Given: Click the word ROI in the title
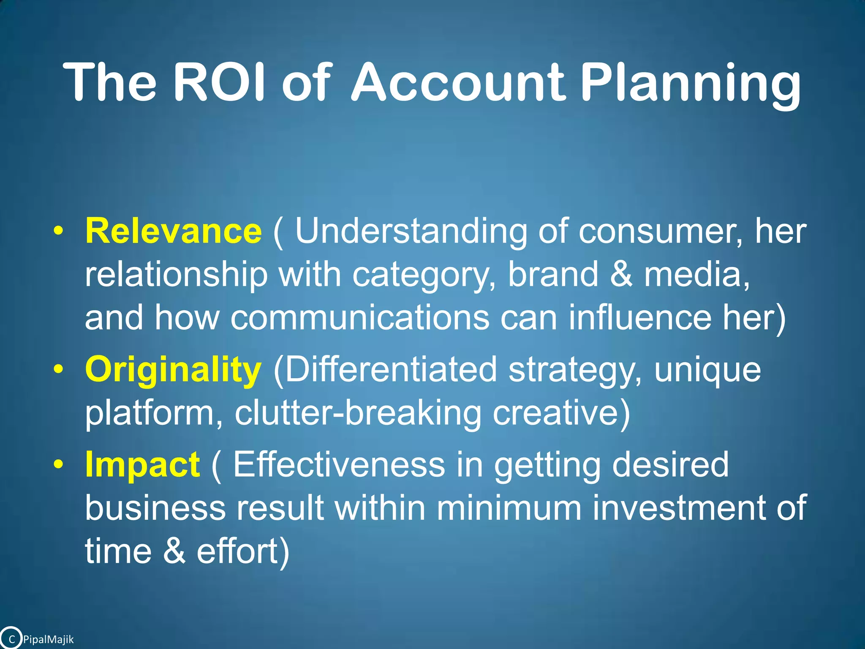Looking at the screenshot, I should click(x=219, y=82).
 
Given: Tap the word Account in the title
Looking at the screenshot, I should click(x=457, y=82).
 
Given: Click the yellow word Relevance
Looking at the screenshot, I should click(x=173, y=231).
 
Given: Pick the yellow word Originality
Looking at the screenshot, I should click(x=173, y=370).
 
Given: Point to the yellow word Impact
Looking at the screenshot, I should click(x=142, y=465).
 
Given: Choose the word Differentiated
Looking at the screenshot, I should click(x=385, y=370).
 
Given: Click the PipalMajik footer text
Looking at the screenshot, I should click(x=48, y=640).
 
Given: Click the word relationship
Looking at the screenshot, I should click(x=176, y=275).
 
